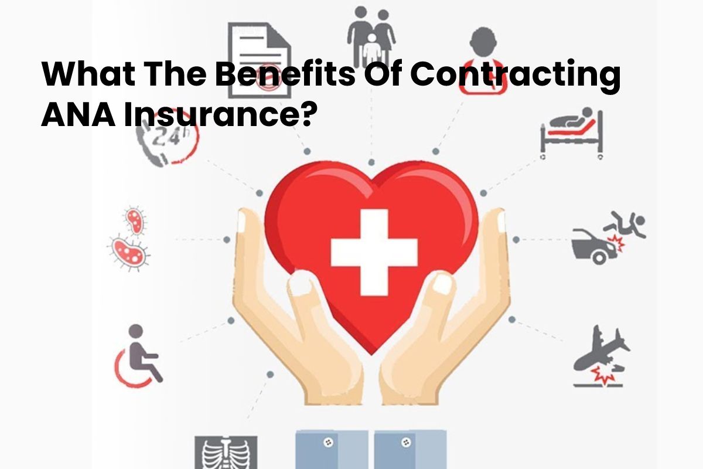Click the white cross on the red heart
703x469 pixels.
(374, 252)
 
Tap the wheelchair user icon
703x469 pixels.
(138, 356)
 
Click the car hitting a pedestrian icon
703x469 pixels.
(608, 238)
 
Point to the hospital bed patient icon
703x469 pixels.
(572, 133)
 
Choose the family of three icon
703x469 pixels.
(371, 37)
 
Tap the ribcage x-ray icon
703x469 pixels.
(226, 453)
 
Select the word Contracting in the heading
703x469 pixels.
(516, 74)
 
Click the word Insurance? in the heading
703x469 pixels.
(219, 115)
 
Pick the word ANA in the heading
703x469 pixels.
(78, 115)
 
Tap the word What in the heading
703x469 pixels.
(88, 74)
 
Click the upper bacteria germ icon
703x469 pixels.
(135, 220)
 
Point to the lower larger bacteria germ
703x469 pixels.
(129, 252)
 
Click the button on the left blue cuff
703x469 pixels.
(328, 443)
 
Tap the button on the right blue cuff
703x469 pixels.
(406, 442)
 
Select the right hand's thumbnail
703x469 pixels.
(442, 283)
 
